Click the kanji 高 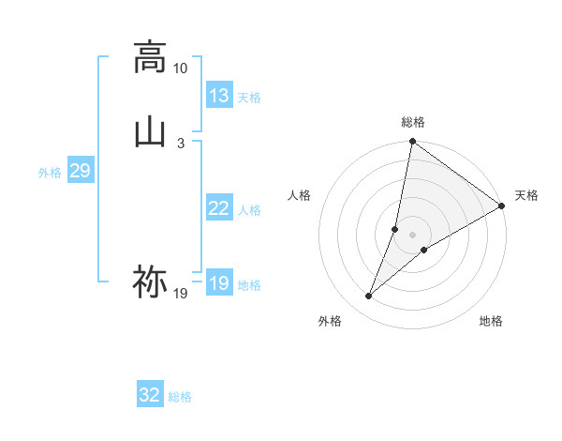click(150, 57)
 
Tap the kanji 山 click(150, 131)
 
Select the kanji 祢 click(150, 281)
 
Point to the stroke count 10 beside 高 click(180, 68)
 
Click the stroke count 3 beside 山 click(180, 143)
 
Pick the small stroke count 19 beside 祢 click(180, 294)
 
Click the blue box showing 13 click(218, 96)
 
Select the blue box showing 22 click(218, 208)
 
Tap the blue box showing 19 click(218, 283)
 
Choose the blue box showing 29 click(80, 171)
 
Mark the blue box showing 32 click(150, 395)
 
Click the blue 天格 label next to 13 click(249, 98)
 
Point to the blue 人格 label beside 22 click(249, 210)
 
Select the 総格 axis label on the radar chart click(413, 122)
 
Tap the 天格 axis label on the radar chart click(526, 195)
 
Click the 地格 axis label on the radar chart click(491, 322)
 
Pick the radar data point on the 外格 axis click(369, 297)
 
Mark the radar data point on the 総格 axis click(413, 143)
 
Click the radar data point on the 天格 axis click(502, 205)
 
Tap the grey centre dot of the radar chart click(413, 235)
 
